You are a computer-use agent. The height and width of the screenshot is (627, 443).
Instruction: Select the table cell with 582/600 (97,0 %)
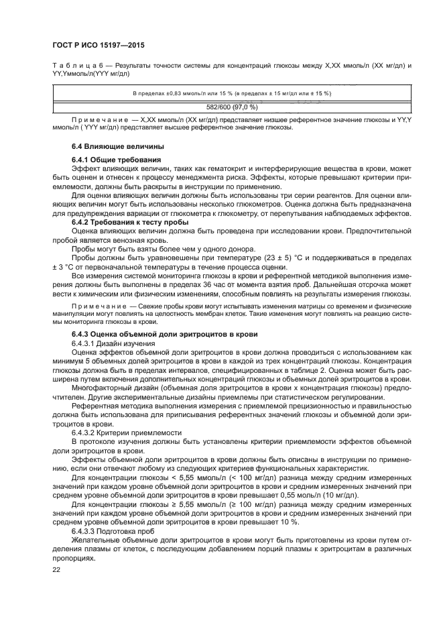pos(231,107)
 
